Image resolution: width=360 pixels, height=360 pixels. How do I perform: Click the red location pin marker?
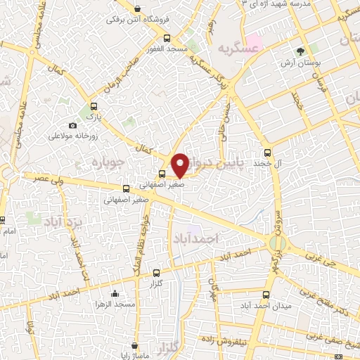click(180, 165)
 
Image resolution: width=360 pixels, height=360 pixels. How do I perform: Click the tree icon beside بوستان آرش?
click(301, 51)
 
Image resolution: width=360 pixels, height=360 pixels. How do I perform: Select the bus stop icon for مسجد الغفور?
click(166, 39)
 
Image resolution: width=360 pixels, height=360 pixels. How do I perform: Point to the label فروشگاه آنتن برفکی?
click(134, 20)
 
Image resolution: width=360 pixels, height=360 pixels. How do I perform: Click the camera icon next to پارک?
click(72, 124)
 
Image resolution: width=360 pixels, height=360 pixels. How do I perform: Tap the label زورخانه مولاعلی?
click(77, 135)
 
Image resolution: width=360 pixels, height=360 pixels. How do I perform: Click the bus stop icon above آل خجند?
click(266, 152)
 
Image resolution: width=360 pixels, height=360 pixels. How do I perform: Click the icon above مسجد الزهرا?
click(115, 294)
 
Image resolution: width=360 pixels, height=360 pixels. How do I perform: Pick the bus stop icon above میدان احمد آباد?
click(266, 295)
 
